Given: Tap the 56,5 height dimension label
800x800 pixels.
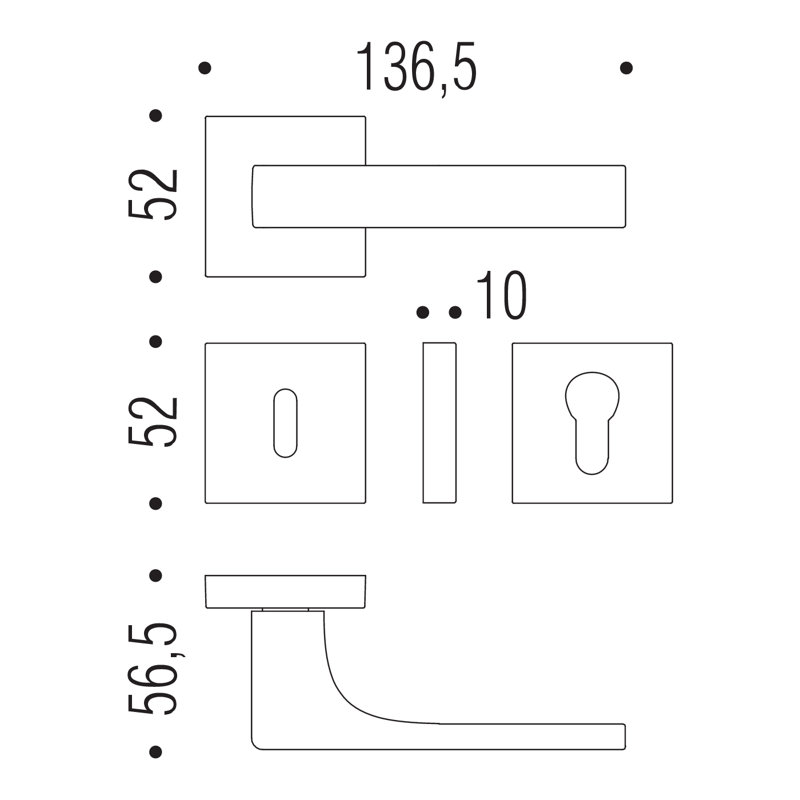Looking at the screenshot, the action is pos(153,675).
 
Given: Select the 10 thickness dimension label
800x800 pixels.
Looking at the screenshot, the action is pos(502,295).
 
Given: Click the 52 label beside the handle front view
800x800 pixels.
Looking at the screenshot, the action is pos(153,194).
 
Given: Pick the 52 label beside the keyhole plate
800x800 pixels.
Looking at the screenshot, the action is pos(153,422).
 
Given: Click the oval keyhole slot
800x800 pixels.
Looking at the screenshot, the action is pos(285,423).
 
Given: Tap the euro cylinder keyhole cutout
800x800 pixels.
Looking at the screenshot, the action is pos(592,423).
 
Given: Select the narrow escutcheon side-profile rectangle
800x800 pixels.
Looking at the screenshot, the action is pos(439,423).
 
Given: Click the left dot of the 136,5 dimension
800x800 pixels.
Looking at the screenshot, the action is pos(205,68).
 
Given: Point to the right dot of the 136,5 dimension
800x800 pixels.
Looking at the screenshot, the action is pos(626,68).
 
